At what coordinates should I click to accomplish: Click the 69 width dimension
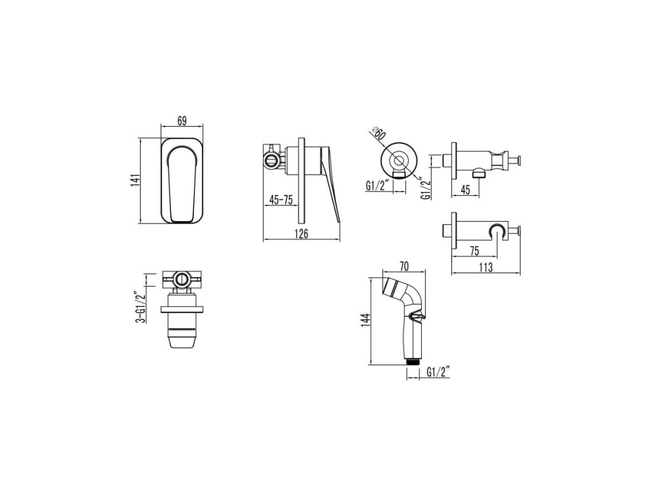(182, 120)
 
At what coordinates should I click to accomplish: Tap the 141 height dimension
(135, 181)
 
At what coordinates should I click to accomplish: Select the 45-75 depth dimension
(281, 200)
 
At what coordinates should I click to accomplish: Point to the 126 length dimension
(301, 234)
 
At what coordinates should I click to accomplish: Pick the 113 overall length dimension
(485, 267)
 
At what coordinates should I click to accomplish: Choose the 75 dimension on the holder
(474, 251)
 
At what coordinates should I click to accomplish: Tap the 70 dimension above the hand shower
(404, 266)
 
